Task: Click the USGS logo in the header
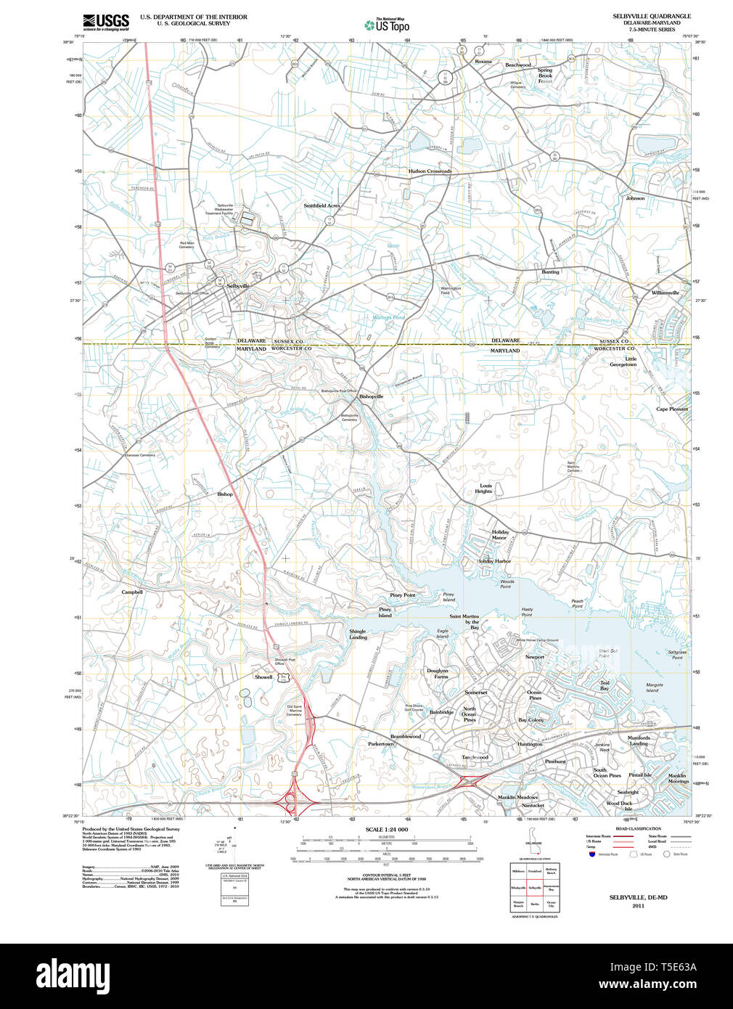[106, 21]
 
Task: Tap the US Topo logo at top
[388, 25]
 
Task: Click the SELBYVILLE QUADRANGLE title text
[651, 16]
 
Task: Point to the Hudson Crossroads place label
[430, 171]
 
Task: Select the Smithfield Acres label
[322, 205]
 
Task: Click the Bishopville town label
[371, 396]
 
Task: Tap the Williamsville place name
[665, 293]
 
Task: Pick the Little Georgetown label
[623, 361]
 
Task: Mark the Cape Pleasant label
[672, 409]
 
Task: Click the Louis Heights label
[486, 489]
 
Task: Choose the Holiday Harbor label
[494, 561]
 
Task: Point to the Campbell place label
[132, 592]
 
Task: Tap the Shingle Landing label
[358, 634]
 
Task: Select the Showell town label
[263, 677]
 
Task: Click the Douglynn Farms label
[438, 674]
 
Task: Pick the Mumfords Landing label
[639, 740]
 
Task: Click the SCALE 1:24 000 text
[387, 829]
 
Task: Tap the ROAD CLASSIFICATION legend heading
[638, 828]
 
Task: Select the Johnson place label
[635, 198]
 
